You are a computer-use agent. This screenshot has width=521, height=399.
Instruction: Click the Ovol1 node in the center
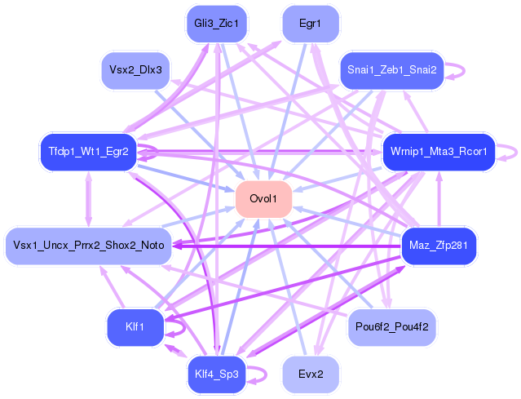[263, 200]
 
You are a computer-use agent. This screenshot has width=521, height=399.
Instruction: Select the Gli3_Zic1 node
[216, 24]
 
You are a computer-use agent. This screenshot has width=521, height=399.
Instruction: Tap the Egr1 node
[310, 24]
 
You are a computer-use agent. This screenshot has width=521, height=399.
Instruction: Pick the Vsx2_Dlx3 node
[135, 70]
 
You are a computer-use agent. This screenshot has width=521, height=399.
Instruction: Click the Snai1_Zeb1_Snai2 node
[391, 70]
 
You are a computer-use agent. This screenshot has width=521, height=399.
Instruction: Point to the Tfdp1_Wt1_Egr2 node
[88, 152]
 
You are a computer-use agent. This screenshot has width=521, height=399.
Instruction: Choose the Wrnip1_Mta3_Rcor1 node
[439, 152]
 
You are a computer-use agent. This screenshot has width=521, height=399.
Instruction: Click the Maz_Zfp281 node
[439, 245]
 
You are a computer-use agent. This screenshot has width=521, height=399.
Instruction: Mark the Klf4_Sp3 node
[216, 375]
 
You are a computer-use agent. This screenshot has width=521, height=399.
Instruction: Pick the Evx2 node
[310, 375]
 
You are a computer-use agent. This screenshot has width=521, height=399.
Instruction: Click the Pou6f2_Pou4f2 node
[393, 327]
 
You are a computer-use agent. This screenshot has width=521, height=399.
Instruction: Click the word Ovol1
[263, 200]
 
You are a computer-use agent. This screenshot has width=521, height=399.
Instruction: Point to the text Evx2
[310, 375]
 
